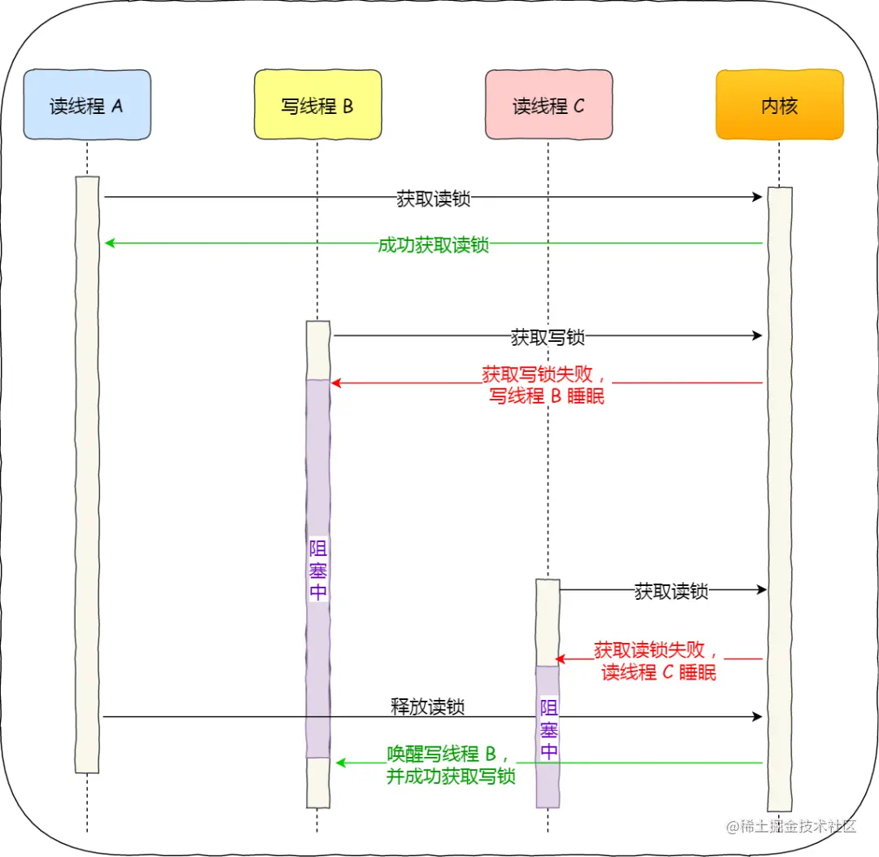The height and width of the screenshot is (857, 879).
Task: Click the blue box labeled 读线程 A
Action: (x=87, y=105)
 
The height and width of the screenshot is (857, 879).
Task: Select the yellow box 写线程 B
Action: (x=317, y=105)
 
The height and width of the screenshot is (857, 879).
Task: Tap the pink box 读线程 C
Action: (x=549, y=105)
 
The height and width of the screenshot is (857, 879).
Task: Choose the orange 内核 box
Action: (x=779, y=105)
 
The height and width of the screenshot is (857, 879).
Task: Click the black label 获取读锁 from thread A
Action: (x=433, y=198)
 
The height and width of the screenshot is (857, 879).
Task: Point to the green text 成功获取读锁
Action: (x=433, y=244)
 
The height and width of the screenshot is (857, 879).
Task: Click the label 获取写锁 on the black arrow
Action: (x=548, y=335)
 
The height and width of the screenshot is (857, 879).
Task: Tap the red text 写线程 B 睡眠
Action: (x=547, y=396)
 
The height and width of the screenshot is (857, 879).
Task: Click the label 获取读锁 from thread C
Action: (x=671, y=591)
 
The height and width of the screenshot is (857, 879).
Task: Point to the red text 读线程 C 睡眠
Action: (x=658, y=672)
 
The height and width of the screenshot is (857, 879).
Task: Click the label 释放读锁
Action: (x=427, y=706)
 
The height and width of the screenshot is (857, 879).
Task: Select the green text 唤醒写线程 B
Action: (x=448, y=754)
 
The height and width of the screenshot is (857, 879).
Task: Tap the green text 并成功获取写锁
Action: (x=451, y=776)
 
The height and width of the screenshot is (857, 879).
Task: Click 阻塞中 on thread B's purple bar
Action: (x=317, y=569)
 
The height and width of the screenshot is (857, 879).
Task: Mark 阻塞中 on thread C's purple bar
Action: (x=549, y=728)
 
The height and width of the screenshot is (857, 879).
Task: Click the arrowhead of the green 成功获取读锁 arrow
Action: (x=110, y=243)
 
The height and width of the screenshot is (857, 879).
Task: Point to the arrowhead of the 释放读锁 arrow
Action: (x=758, y=717)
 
